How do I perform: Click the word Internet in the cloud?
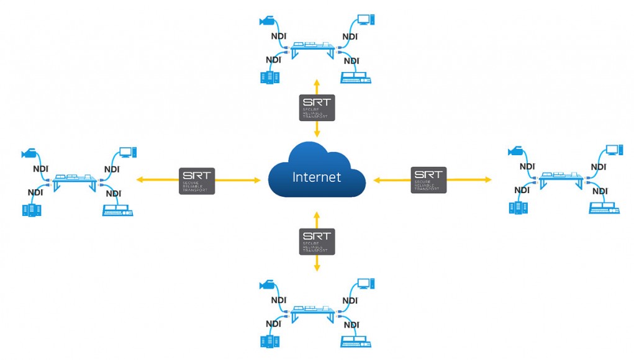pyautogui.click(x=317, y=178)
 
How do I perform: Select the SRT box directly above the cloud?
pyautogui.click(x=317, y=107)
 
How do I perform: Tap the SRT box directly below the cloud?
pyautogui.click(x=317, y=241)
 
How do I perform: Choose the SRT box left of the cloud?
pyautogui.click(x=197, y=181)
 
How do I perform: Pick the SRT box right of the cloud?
pyautogui.click(x=428, y=180)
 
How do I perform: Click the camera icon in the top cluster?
pyautogui.click(x=268, y=22)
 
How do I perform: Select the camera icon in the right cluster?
pyautogui.click(x=516, y=151)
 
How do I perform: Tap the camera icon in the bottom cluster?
pyautogui.click(x=268, y=285)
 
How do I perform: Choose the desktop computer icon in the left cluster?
pyautogui.click(x=128, y=151)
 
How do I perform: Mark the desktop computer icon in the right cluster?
pyautogui.click(x=614, y=150)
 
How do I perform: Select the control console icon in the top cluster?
pyautogui.click(x=355, y=78)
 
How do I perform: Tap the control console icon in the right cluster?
pyautogui.click(x=602, y=208)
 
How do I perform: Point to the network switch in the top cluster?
pyautogui.click(x=311, y=48)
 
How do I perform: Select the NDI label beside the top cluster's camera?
pyautogui.click(x=278, y=36)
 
